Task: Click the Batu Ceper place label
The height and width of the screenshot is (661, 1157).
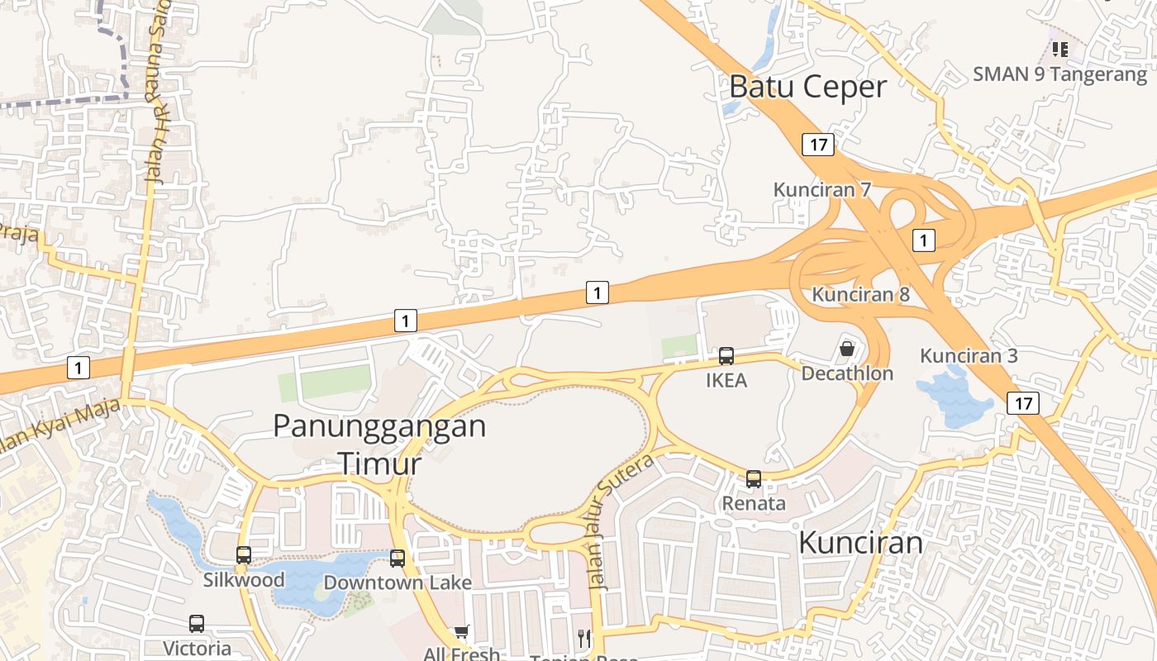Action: click(x=808, y=86)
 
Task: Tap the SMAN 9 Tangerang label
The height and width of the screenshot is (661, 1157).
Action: click(x=1060, y=74)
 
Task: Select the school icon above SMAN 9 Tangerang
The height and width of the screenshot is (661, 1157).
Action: click(x=1060, y=50)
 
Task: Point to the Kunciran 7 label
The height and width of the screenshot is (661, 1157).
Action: click(x=822, y=189)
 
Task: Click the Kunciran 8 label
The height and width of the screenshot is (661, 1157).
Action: click(x=860, y=294)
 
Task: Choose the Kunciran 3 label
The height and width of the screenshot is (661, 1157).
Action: click(x=969, y=356)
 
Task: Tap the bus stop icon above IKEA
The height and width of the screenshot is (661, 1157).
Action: click(x=726, y=356)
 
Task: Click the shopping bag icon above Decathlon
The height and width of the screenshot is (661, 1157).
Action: click(x=847, y=349)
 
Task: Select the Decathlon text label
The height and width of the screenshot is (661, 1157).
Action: click(x=847, y=373)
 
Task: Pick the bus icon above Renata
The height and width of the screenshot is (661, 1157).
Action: click(x=754, y=478)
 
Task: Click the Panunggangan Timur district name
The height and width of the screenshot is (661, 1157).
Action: click(x=379, y=445)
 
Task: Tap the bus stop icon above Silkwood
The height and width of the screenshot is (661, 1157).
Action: click(x=244, y=555)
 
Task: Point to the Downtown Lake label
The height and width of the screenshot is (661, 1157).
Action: click(x=398, y=583)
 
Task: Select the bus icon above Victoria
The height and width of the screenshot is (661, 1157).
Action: click(x=197, y=624)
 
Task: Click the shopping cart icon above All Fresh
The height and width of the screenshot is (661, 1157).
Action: click(x=461, y=633)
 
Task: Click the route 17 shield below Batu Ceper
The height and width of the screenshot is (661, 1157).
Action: click(x=818, y=145)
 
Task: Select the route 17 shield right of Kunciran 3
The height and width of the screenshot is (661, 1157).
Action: click(x=1023, y=403)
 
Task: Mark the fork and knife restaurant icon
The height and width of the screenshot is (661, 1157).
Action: click(x=585, y=638)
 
